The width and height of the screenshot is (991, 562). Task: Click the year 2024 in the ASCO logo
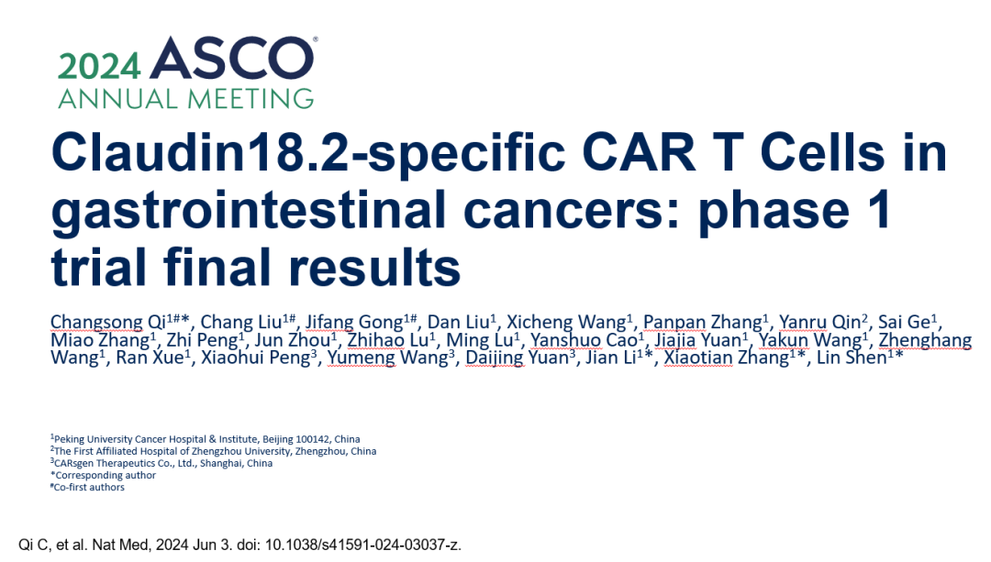pyautogui.click(x=98, y=66)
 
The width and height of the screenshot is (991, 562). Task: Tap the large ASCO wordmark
pyautogui.click(x=232, y=59)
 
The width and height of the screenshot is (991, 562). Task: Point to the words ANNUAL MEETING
pyautogui.click(x=185, y=98)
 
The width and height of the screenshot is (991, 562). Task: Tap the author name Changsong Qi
pyautogui.click(x=108, y=323)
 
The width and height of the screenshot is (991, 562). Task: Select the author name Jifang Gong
pyautogui.click(x=354, y=323)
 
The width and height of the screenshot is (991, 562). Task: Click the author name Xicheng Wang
pyautogui.click(x=566, y=322)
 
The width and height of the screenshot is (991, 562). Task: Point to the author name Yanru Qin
pyautogui.click(x=819, y=322)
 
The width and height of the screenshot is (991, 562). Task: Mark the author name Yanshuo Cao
pyautogui.click(x=584, y=340)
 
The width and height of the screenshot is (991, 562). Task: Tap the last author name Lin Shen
pyautogui.click(x=852, y=358)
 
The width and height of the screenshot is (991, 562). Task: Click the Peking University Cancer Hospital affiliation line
pyautogui.click(x=206, y=439)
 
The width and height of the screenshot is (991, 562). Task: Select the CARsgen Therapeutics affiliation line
pyautogui.click(x=161, y=463)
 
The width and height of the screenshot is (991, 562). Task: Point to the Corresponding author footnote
pyautogui.click(x=104, y=475)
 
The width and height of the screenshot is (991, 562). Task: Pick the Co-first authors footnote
pyautogui.click(x=88, y=487)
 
